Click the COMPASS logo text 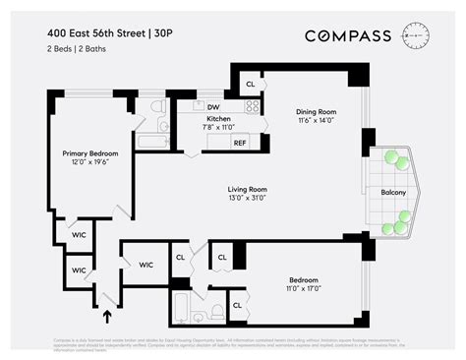(x=348, y=36)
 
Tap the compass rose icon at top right (x=417, y=35)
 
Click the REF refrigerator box (x=239, y=143)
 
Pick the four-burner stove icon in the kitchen (x=253, y=106)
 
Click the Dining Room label (x=317, y=111)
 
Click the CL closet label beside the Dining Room (x=250, y=85)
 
